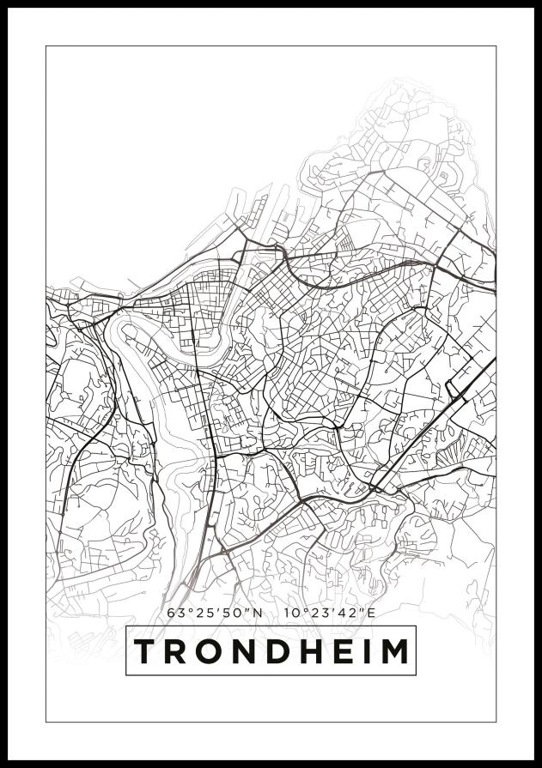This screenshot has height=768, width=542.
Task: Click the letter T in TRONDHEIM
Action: point(147,651)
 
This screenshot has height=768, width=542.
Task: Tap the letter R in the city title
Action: point(178,651)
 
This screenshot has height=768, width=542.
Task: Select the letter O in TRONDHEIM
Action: point(212,651)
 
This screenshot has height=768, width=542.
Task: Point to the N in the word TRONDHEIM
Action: point(248,651)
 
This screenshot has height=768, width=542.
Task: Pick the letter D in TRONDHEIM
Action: point(282,651)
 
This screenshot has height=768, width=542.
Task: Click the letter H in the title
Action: point(314,651)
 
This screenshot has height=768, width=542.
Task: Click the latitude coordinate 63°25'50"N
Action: point(214,613)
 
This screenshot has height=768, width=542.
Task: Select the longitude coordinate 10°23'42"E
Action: point(331,613)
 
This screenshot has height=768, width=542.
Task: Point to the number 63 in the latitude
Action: point(175,613)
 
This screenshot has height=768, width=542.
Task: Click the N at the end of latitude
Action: point(257,613)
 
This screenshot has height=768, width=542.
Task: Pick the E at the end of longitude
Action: point(372,613)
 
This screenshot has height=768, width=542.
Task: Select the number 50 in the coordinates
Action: point(234,613)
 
